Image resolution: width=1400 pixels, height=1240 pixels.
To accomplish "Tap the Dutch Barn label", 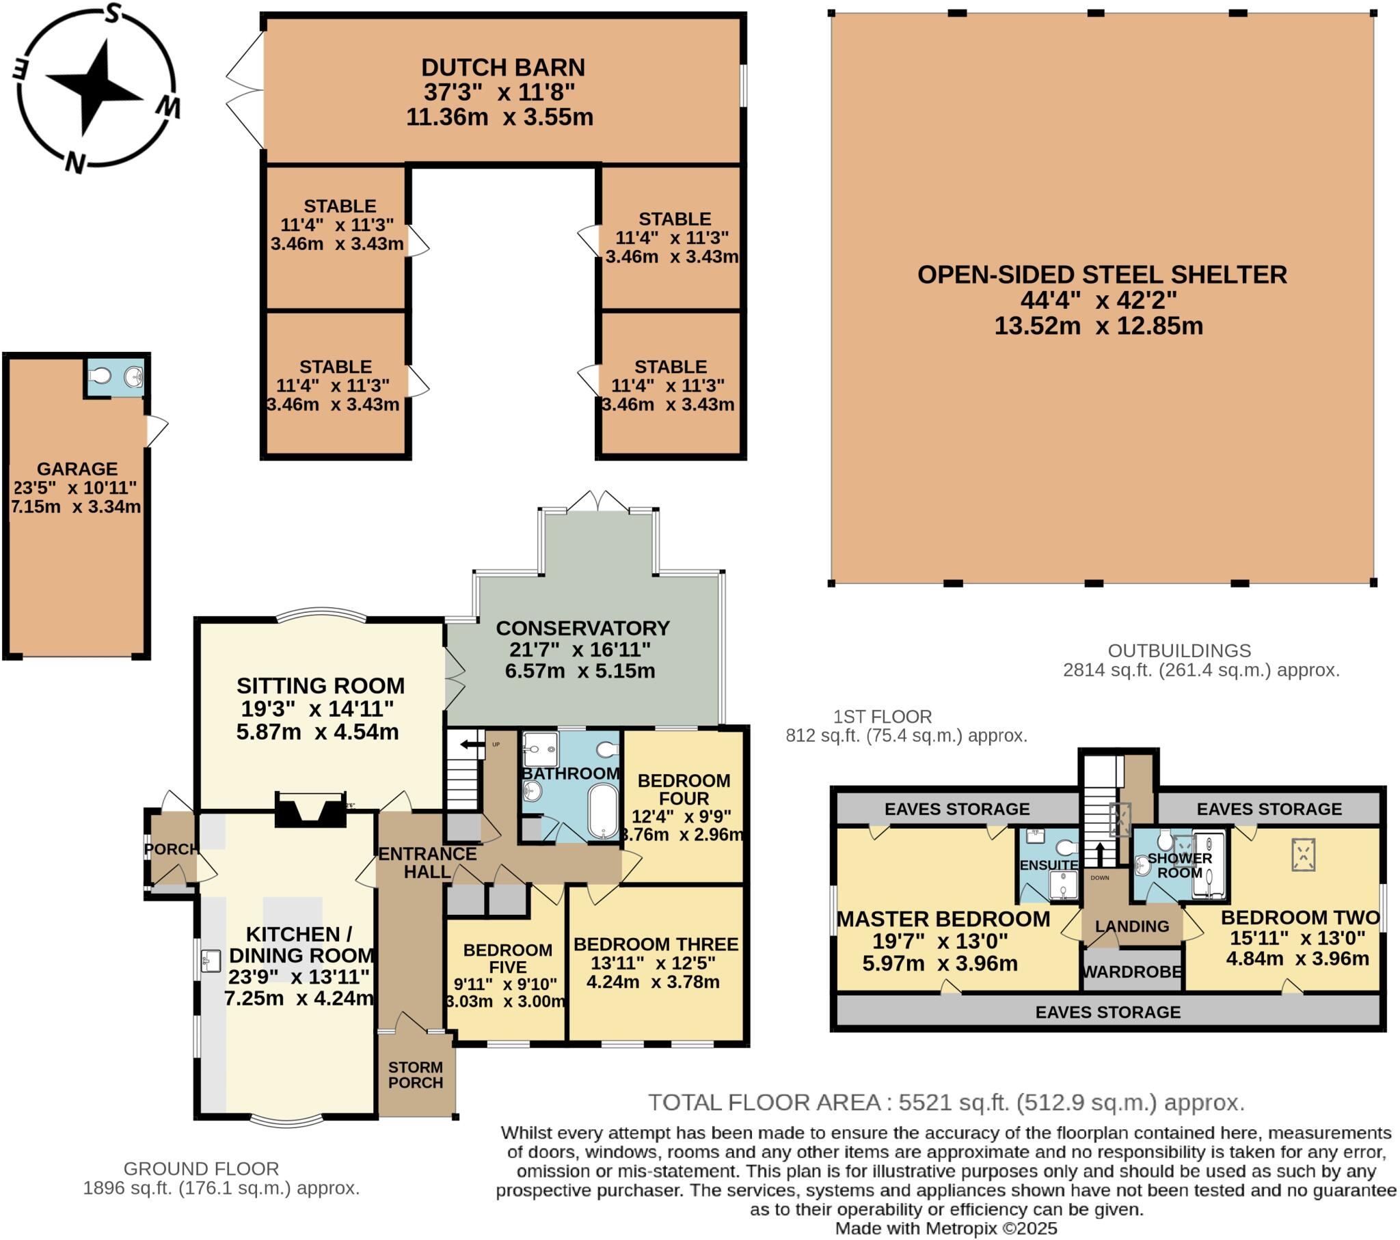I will pos(502,67).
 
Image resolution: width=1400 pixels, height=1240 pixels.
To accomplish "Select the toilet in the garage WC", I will pos(100,376).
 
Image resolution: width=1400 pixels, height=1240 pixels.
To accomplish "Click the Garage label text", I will pos(77,469).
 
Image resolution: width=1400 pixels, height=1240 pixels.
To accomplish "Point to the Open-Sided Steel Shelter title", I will pos(1101,275).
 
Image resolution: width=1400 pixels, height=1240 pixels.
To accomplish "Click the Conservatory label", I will pos(582,628).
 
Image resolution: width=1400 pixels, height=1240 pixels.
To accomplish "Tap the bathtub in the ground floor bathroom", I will pos(603,811).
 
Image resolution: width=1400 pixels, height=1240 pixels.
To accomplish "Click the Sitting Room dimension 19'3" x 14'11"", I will pos(317,708).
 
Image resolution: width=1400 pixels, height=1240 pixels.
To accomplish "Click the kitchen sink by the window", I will pos(211,960).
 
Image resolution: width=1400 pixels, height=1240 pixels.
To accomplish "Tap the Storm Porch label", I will pos(415,1074).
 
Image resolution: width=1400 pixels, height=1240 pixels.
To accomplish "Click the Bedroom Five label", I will pos(507,959).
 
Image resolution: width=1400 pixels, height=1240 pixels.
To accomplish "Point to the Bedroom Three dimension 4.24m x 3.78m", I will pos(653,982).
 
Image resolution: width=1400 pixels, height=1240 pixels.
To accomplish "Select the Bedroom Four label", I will pos(683,790).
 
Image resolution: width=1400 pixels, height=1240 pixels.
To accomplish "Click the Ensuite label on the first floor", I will pos(1048,865).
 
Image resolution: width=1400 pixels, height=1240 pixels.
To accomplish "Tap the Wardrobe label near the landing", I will pos(1131,972).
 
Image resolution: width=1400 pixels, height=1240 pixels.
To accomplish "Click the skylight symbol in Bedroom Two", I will pos(1304,855).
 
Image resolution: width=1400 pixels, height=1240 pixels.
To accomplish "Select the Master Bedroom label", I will pos(943,919).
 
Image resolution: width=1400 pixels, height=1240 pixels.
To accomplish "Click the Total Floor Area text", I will pos(946,1102).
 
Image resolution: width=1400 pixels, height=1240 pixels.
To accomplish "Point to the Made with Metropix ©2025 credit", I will pos(946,1228).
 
